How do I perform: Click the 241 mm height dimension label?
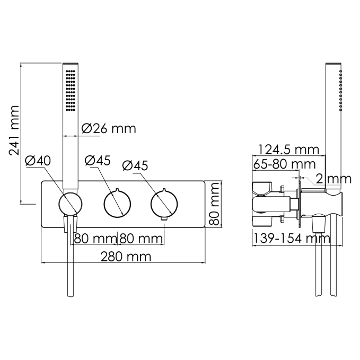(14, 130)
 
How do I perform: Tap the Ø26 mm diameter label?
(109, 128)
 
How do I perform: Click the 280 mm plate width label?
(126, 257)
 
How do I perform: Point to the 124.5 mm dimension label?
(288, 150)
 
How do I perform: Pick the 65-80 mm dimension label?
(284, 164)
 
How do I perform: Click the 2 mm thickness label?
(333, 179)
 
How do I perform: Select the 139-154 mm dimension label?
(292, 238)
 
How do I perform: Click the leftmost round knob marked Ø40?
(71, 204)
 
